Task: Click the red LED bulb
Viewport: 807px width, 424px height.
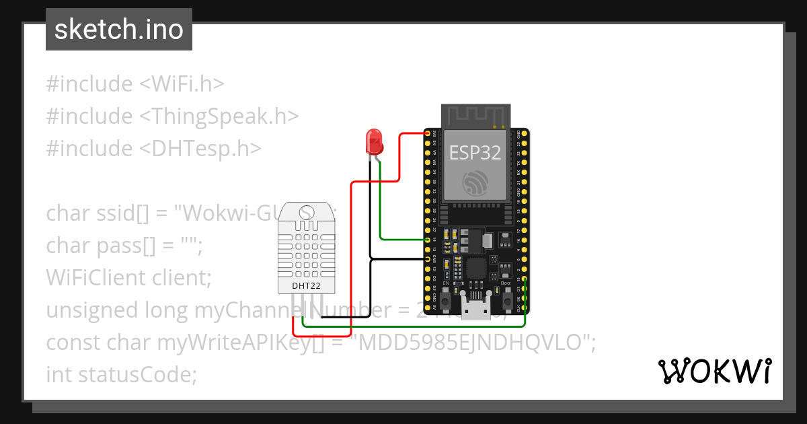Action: pyautogui.click(x=373, y=141)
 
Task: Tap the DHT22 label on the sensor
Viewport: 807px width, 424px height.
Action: pyautogui.click(x=306, y=286)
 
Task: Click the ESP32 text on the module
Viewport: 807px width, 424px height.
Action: pyautogui.click(x=475, y=153)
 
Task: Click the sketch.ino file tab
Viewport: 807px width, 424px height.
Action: pyautogui.click(x=119, y=30)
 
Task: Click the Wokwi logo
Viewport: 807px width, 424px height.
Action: pyautogui.click(x=714, y=371)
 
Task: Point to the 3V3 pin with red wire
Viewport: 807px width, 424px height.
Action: pyautogui.click(x=428, y=134)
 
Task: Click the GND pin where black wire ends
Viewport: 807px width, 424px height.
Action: pyautogui.click(x=428, y=258)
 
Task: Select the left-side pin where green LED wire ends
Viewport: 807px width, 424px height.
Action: pyautogui.click(x=428, y=239)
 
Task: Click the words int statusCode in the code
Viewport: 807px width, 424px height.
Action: pyautogui.click(x=121, y=374)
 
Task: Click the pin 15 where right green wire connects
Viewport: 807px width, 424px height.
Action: pyautogui.click(x=524, y=279)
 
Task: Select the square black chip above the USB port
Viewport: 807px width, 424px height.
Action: pyautogui.click(x=476, y=268)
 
